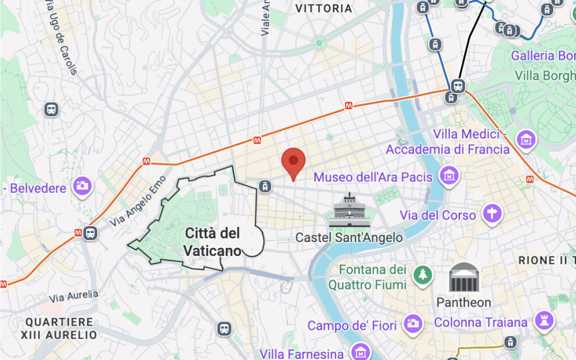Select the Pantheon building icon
(463, 277)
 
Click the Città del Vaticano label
(212, 241)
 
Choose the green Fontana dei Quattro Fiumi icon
(422, 275)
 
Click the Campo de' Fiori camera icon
(412, 323)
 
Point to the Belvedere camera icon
(83, 186)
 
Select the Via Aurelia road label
(74, 295)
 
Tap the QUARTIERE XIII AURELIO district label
(59, 329)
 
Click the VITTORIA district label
(324, 9)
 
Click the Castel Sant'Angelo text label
(349, 237)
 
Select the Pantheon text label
(463, 302)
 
